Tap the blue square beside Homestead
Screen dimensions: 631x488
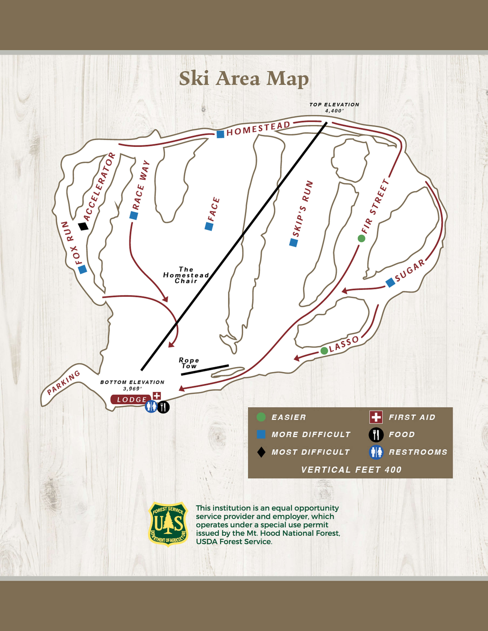pyautogui.click(x=220, y=134)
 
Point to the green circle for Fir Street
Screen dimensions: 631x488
pyautogui.click(x=361, y=238)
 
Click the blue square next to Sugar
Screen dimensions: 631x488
pyautogui.click(x=390, y=283)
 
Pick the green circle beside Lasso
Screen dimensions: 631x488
pyautogui.click(x=324, y=351)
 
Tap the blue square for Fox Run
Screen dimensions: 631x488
pyautogui.click(x=83, y=269)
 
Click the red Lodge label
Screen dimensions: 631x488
pyautogui.click(x=131, y=400)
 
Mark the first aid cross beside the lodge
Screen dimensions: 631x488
pyautogui.click(x=157, y=395)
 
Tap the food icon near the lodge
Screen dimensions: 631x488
pyautogui.click(x=163, y=407)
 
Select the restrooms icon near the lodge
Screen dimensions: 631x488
pyautogui.click(x=151, y=407)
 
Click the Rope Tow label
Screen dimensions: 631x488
pyautogui.click(x=189, y=363)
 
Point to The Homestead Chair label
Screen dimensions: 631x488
pyautogui.click(x=186, y=275)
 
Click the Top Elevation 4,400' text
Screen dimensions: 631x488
pyautogui.click(x=334, y=107)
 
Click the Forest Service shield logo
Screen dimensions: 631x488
pyautogui.click(x=168, y=524)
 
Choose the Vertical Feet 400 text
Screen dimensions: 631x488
pyautogui.click(x=351, y=470)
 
